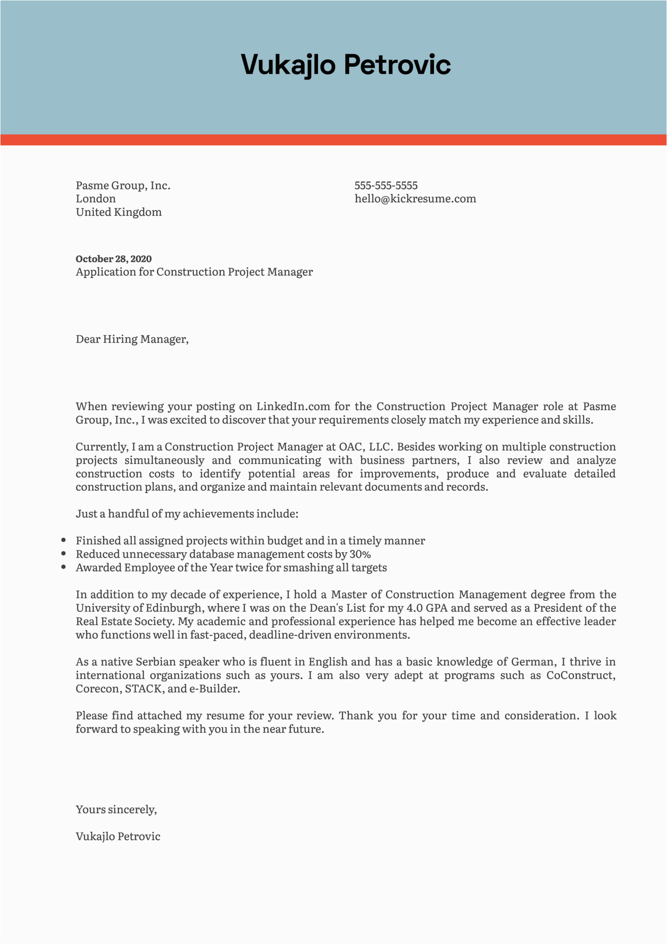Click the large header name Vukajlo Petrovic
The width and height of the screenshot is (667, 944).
click(x=345, y=65)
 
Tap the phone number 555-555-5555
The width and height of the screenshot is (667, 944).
click(x=386, y=185)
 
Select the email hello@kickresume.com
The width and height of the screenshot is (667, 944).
click(x=415, y=199)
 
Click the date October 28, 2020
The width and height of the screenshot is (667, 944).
click(x=114, y=259)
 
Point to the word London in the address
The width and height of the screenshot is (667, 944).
click(x=95, y=199)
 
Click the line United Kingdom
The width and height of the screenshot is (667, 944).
click(x=119, y=212)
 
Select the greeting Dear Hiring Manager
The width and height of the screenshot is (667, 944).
click(x=132, y=339)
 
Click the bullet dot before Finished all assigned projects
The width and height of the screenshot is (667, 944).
click(x=64, y=540)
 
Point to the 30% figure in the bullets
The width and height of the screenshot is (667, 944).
click(x=360, y=554)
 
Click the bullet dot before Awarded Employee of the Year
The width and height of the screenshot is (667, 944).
click(x=64, y=567)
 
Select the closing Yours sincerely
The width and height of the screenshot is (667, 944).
click(x=116, y=809)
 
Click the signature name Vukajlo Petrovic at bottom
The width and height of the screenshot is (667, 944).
click(x=118, y=836)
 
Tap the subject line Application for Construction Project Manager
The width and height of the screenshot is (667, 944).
click(x=194, y=272)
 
